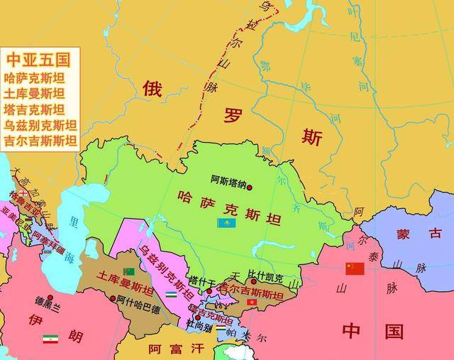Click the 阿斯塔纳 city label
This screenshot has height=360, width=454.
click(x=228, y=181)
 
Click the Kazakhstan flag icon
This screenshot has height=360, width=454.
click(x=226, y=223)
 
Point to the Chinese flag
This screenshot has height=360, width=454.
click(x=353, y=268)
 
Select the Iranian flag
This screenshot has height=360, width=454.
click(x=50, y=339)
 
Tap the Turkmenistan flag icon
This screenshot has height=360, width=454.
click(x=129, y=272)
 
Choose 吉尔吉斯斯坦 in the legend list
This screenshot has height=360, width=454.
click(x=40, y=140)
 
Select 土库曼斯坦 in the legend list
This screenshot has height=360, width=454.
click(x=35, y=93)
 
